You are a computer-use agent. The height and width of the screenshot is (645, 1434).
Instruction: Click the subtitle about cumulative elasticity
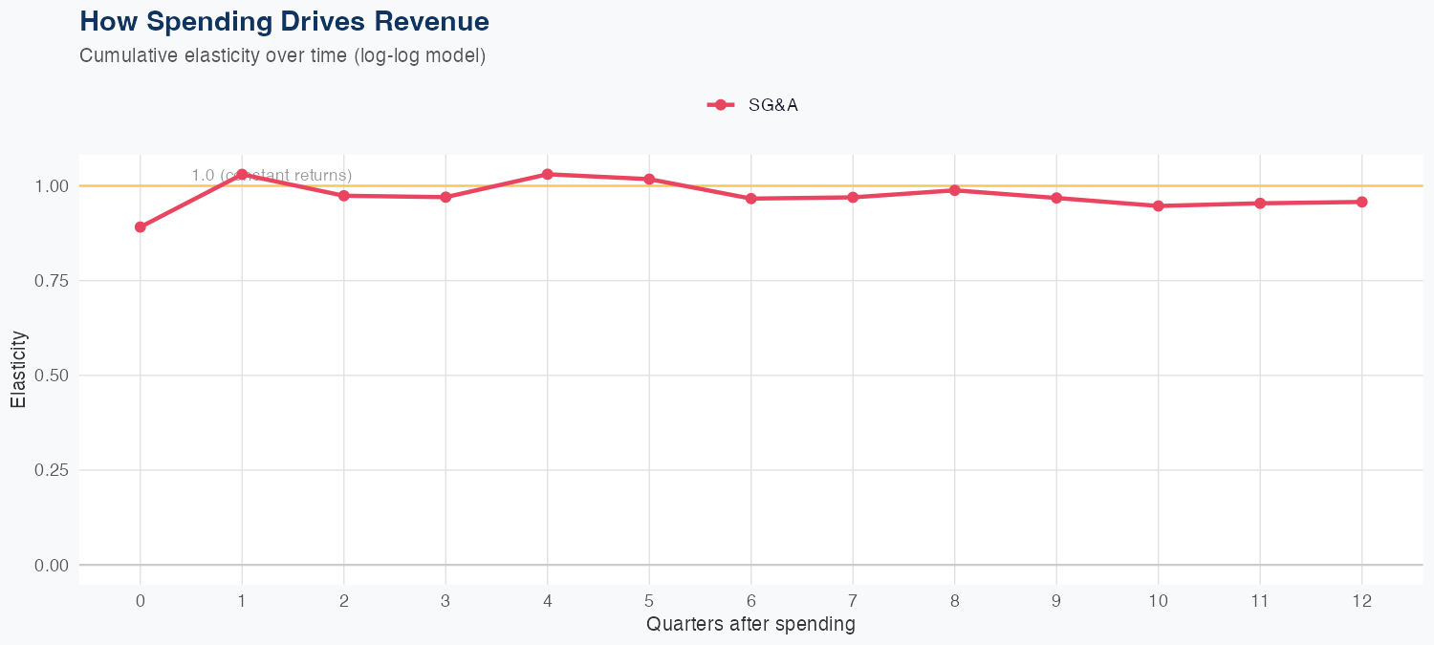pyautogui.click(x=283, y=56)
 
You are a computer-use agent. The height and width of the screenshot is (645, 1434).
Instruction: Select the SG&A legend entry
pyautogui.click(x=753, y=105)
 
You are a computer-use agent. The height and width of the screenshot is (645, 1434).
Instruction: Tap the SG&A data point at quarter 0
pyautogui.click(x=141, y=227)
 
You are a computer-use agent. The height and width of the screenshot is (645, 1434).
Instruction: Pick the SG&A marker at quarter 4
pyautogui.click(x=548, y=174)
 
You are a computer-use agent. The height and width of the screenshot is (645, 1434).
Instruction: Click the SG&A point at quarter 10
pyautogui.click(x=1158, y=205)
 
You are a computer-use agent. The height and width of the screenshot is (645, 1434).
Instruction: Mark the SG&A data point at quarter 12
pyautogui.click(x=1361, y=202)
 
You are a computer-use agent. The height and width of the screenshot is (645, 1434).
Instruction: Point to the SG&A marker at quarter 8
pyautogui.click(x=954, y=190)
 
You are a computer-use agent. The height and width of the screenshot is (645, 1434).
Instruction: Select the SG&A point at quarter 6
pyautogui.click(x=751, y=199)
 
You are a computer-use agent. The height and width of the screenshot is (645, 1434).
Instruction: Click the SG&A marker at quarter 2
pyautogui.click(x=344, y=196)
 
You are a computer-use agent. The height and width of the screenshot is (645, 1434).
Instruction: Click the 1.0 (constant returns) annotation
pyautogui.click(x=272, y=176)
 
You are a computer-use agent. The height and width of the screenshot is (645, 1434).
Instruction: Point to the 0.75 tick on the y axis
pyautogui.click(x=51, y=281)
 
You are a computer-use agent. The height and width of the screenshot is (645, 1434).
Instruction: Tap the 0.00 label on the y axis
pyautogui.click(x=51, y=566)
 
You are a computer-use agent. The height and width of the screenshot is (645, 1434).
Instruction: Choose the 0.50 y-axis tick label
pyautogui.click(x=51, y=376)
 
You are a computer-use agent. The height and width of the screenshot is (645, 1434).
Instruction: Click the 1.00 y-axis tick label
pyautogui.click(x=51, y=186)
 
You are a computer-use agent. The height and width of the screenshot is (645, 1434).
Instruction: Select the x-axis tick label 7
pyautogui.click(x=853, y=601)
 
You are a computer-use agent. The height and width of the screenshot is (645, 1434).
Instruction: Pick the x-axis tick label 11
pyautogui.click(x=1260, y=601)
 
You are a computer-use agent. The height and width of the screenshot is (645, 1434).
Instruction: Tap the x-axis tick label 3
pyautogui.click(x=445, y=601)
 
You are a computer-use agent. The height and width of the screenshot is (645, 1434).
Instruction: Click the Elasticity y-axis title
pyautogui.click(x=19, y=369)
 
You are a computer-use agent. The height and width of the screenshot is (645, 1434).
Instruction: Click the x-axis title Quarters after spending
pyautogui.click(x=750, y=625)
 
